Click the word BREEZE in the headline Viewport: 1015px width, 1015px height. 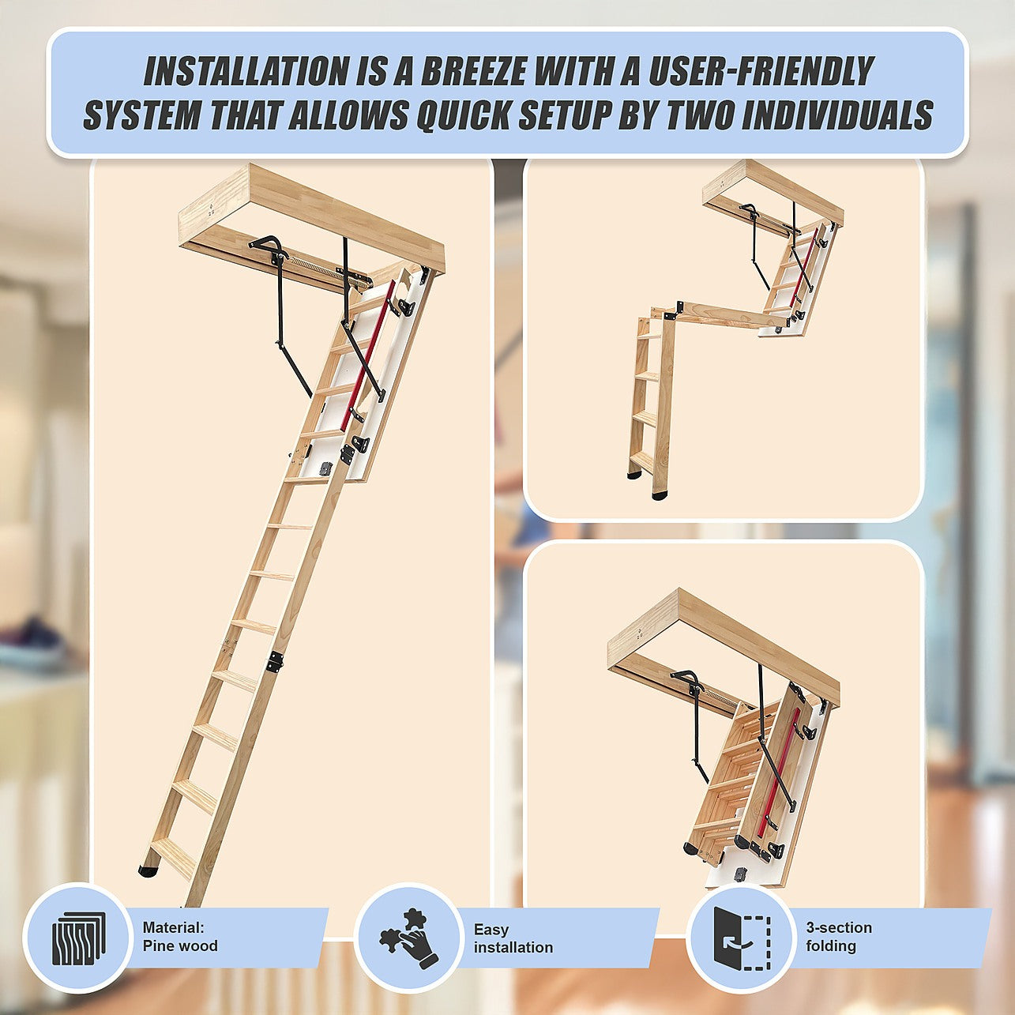[x=472, y=71]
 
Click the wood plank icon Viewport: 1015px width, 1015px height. [x=79, y=938]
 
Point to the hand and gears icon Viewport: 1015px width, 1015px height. [x=408, y=938]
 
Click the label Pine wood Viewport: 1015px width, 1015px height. [x=180, y=946]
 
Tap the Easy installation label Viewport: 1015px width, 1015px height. [x=513, y=938]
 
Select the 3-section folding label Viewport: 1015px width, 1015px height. [x=839, y=937]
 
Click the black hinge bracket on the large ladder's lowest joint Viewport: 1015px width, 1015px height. [x=275, y=662]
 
